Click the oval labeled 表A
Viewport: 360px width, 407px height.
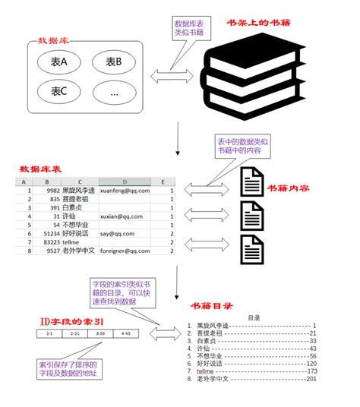[57, 62]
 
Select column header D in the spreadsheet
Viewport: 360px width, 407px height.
[123, 182]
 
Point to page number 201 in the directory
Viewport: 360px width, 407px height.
[311, 379]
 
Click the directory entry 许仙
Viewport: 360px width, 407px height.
[205, 348]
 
